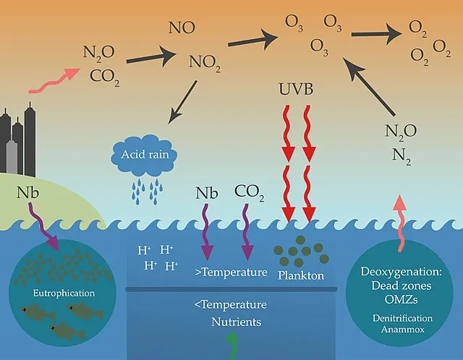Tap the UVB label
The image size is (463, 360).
(296, 89)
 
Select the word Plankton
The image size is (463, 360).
(301, 275)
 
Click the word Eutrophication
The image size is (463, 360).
(64, 293)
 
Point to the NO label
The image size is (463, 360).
(182, 27)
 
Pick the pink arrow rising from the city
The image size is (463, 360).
(55, 80)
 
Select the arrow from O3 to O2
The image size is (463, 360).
(376, 34)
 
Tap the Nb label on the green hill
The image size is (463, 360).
(28, 193)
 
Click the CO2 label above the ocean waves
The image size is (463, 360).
(249, 192)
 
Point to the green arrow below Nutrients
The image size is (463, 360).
(233, 346)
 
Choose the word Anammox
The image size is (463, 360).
(402, 330)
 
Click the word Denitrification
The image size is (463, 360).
(402, 318)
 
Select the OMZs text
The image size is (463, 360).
(402, 299)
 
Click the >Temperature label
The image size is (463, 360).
(231, 272)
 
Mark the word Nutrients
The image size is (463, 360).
(237, 322)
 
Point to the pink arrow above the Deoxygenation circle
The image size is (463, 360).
(400, 223)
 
